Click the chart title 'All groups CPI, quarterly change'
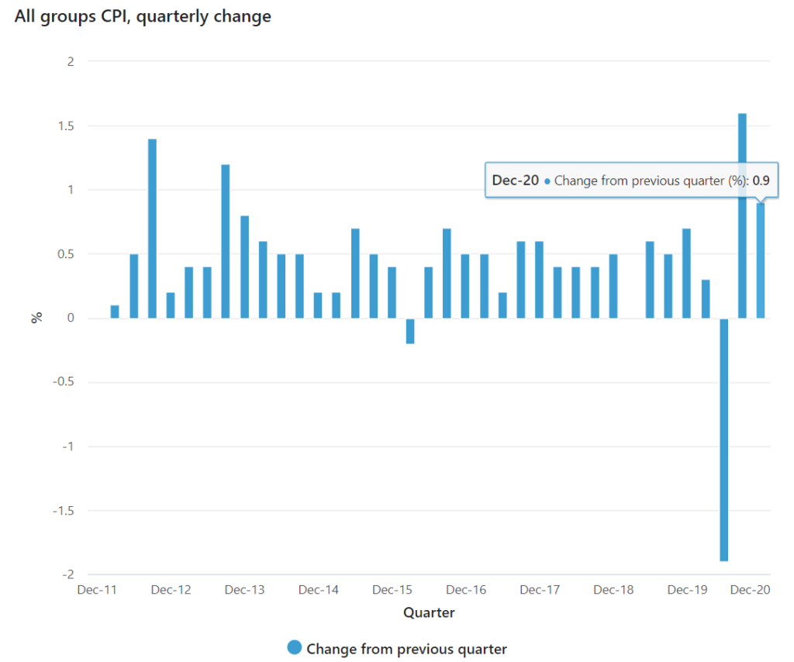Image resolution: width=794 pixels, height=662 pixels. point(143,16)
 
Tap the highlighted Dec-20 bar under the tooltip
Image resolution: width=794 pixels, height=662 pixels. point(761,264)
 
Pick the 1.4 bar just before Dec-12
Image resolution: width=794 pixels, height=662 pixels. point(152,229)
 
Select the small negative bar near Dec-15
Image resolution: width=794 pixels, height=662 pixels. point(410,331)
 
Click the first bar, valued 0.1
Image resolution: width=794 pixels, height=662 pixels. point(115,312)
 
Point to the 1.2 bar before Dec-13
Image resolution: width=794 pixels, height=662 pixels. point(226,241)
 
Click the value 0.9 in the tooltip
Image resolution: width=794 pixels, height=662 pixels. point(761,181)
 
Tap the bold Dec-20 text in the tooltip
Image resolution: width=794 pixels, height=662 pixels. point(516,181)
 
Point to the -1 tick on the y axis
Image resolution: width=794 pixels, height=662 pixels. point(68,447)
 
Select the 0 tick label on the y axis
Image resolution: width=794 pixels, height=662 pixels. point(71,319)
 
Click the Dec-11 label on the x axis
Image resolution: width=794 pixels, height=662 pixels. point(97,590)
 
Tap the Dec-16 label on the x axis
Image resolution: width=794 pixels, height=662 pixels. point(466,590)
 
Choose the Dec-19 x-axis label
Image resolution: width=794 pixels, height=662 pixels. point(688,590)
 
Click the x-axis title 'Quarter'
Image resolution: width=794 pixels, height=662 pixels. point(429,613)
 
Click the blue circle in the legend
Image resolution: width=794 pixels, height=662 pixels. point(294,648)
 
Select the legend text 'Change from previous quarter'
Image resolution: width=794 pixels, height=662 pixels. point(406,649)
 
